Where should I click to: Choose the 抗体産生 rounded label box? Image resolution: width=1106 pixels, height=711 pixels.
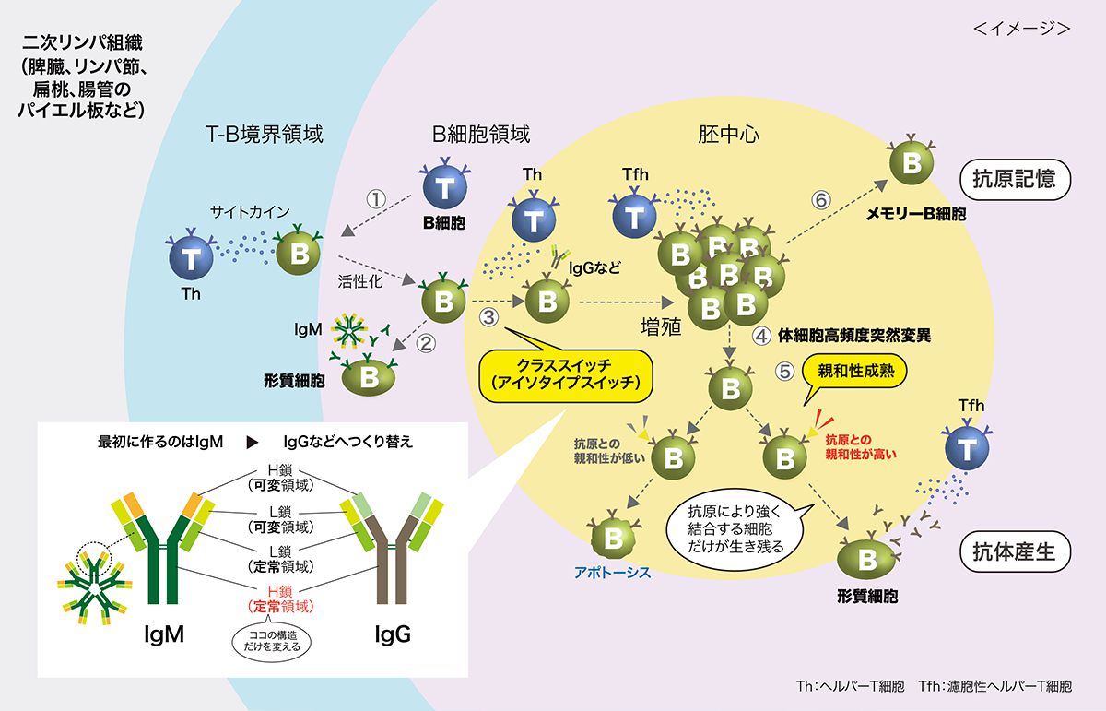coord(1015,551)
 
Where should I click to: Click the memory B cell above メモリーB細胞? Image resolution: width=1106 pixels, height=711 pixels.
coord(912,164)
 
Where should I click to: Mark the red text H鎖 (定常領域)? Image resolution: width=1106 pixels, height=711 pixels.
coord(280,599)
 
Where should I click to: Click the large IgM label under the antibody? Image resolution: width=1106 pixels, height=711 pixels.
coord(165,635)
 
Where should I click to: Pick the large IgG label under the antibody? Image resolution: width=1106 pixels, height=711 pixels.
coord(392,635)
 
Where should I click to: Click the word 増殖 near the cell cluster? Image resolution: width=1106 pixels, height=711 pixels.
coord(660,326)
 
